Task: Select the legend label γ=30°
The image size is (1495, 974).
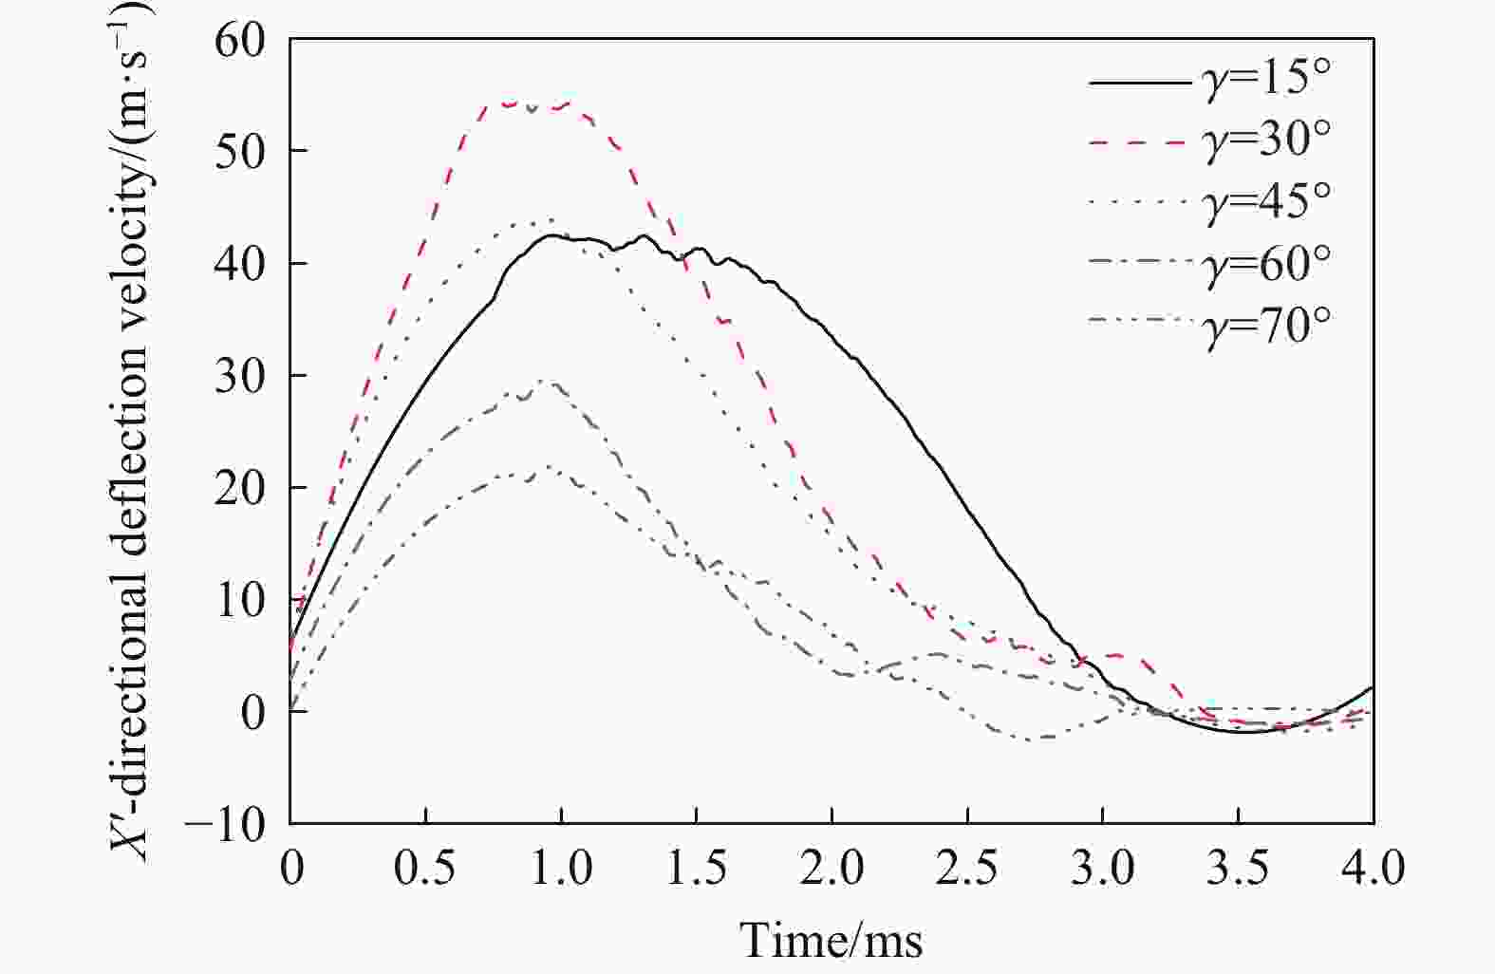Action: pyautogui.click(x=1267, y=139)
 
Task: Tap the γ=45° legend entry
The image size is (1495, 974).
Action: pyautogui.click(x=1267, y=200)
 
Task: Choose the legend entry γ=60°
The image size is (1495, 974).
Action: pyautogui.click(x=1267, y=262)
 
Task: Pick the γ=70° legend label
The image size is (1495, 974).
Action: pyautogui.click(x=1267, y=324)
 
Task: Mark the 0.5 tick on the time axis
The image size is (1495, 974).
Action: pyautogui.click(x=425, y=868)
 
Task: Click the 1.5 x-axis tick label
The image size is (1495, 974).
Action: pyautogui.click(x=697, y=868)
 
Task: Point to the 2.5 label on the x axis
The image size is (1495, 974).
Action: pyautogui.click(x=967, y=868)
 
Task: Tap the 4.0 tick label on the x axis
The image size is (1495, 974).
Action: pyautogui.click(x=1373, y=868)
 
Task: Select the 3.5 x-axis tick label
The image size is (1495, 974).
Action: pyautogui.click(x=1238, y=868)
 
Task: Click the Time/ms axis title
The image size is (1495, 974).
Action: pyautogui.click(x=832, y=940)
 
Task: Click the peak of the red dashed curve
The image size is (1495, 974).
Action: pyautogui.click(x=513, y=103)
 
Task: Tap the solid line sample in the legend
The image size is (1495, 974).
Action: pyautogui.click(x=1137, y=83)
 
